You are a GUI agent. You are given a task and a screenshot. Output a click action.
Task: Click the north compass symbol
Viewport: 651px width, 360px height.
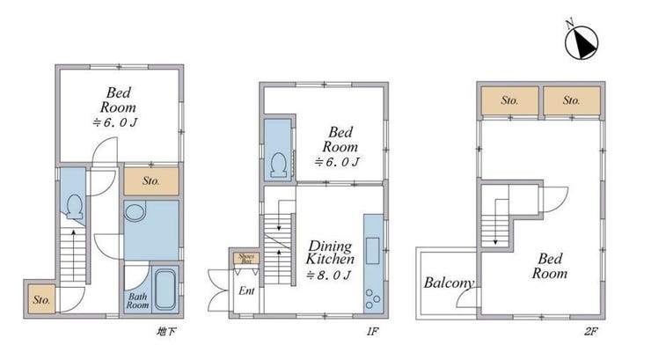click(x=582, y=41)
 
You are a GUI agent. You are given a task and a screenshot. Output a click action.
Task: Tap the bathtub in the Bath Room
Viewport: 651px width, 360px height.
click(x=165, y=290)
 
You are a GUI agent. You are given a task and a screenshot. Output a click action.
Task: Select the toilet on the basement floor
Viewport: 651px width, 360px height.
click(x=75, y=206)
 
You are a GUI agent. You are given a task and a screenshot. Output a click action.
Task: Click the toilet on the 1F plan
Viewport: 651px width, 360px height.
click(x=278, y=165)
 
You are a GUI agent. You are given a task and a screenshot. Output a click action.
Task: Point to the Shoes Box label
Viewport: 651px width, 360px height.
click(x=246, y=259)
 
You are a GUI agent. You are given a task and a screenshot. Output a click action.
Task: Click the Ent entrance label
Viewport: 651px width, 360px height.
click(x=246, y=290)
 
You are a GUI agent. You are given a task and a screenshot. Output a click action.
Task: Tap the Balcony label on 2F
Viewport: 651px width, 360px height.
click(x=449, y=283)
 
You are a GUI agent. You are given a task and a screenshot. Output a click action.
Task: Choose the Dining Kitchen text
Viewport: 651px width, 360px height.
click(x=330, y=253)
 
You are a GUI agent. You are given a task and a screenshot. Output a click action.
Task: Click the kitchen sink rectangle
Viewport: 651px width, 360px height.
click(x=372, y=250)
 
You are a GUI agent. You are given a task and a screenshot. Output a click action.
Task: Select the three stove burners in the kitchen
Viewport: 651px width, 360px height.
click(x=372, y=299)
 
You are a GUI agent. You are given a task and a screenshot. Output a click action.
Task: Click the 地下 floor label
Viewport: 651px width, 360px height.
click(x=166, y=331)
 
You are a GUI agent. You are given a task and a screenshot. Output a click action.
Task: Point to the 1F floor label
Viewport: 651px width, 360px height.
click(x=372, y=331)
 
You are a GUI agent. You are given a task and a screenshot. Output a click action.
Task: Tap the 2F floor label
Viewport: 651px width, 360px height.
click(x=590, y=331)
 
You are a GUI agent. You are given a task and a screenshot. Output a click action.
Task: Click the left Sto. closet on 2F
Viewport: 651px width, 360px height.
click(x=510, y=100)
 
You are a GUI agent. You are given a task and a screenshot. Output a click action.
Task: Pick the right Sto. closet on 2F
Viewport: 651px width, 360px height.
click(x=572, y=100)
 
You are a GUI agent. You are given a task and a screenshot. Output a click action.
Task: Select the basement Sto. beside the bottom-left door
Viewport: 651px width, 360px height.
click(x=41, y=299)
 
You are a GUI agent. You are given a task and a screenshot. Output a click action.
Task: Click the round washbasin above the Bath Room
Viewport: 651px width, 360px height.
click(x=135, y=212)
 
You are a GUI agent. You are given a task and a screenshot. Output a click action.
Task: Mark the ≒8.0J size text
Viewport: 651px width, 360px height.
click(x=328, y=276)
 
